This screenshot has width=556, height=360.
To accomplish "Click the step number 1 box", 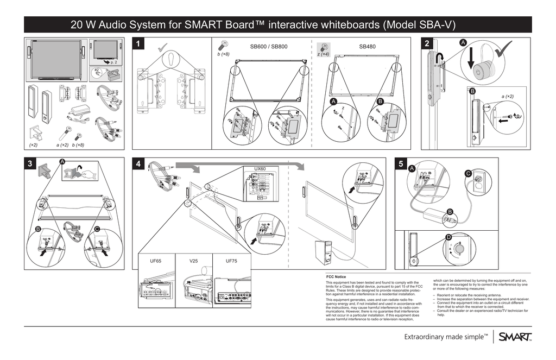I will [x=141, y=45].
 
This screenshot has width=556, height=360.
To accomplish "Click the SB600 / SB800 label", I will [x=268, y=47].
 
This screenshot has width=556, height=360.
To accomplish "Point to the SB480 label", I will [x=367, y=47].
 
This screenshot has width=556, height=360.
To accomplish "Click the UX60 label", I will [x=260, y=169].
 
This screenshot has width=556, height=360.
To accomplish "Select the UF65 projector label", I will [x=155, y=261].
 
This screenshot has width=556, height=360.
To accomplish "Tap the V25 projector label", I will [x=193, y=261].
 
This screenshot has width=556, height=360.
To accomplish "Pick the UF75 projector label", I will [x=232, y=261].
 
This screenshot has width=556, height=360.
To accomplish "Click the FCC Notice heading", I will [x=336, y=277].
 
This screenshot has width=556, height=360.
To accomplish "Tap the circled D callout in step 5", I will [x=448, y=238].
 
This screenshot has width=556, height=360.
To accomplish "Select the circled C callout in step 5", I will [x=468, y=173].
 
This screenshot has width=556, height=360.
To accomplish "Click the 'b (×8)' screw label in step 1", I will [x=223, y=54].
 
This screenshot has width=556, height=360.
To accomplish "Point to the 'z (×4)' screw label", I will [x=323, y=54].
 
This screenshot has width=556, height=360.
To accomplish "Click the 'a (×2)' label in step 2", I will [x=508, y=96].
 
